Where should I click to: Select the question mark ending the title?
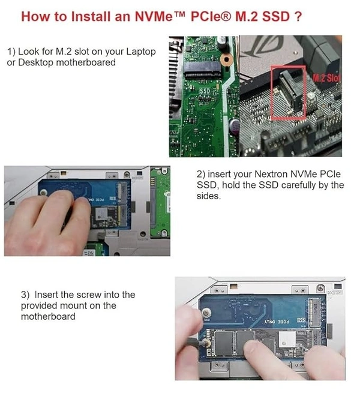click(x=298, y=17)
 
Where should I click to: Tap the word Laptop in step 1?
click(x=141, y=52)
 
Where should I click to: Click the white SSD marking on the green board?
click(x=205, y=91)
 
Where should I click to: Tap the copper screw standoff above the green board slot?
click(x=226, y=59)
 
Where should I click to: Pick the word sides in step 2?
click(x=208, y=196)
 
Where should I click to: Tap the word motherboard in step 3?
click(x=48, y=317)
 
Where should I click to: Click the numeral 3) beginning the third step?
click(x=25, y=295)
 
